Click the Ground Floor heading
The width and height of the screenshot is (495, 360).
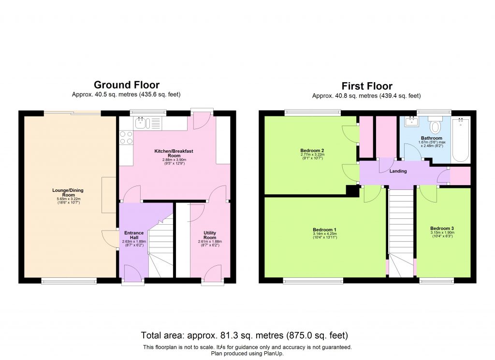126,85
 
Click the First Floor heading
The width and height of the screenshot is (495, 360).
367,86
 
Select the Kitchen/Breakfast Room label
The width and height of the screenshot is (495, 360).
174,154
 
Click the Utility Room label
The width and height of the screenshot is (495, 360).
209,235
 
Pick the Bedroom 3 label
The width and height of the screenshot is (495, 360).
442,228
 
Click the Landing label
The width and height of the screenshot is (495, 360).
398,171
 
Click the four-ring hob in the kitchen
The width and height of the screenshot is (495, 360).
126,138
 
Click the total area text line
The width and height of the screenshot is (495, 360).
245,335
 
